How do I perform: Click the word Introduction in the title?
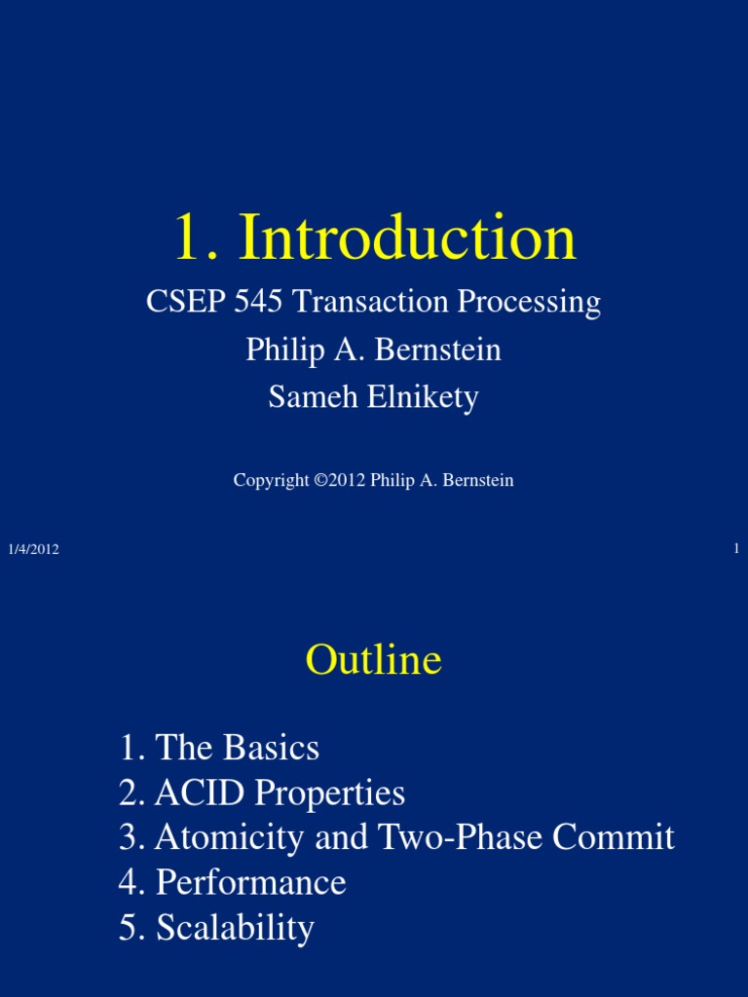point(407,239)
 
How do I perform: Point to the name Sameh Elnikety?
point(374,397)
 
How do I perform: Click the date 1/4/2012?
point(34,549)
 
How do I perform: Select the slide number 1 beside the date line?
point(736,548)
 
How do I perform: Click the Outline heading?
point(374,660)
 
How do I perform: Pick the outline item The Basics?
point(237,748)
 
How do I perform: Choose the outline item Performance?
point(250,882)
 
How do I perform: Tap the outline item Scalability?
point(235,928)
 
